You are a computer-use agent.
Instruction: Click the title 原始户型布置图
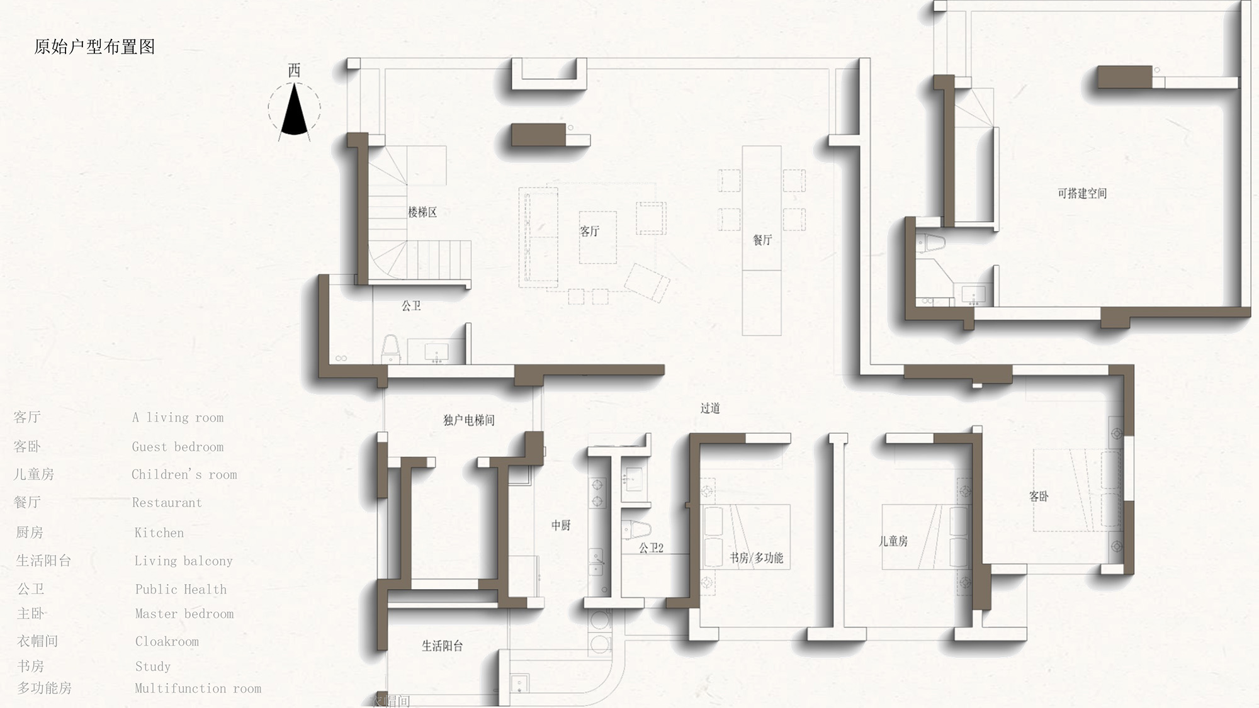[x=94, y=47]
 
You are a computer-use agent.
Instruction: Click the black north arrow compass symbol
[x=294, y=111]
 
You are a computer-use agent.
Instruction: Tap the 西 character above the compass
[x=294, y=70]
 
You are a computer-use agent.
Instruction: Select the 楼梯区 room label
[x=422, y=212]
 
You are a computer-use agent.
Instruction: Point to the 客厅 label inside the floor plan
[x=589, y=231]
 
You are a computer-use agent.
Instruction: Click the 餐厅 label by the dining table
[x=762, y=240]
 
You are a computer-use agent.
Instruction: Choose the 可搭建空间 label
[x=1082, y=193]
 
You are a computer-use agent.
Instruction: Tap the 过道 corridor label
[x=710, y=408]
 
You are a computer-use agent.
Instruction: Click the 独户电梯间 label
[x=469, y=420]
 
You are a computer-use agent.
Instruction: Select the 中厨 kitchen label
[x=561, y=525]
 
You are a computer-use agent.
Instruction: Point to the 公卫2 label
[x=651, y=548]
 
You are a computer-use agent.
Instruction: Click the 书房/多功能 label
[x=756, y=558]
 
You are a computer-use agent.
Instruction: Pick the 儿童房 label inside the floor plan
[x=893, y=541]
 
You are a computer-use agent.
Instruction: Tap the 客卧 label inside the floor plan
[x=1039, y=496]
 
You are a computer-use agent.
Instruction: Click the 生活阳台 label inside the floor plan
[x=442, y=646]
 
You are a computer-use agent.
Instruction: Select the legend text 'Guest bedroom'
[x=178, y=447]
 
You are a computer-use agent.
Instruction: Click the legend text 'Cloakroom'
[x=167, y=641]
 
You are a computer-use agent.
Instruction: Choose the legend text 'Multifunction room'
[x=198, y=688]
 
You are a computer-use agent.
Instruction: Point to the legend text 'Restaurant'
[x=167, y=503]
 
